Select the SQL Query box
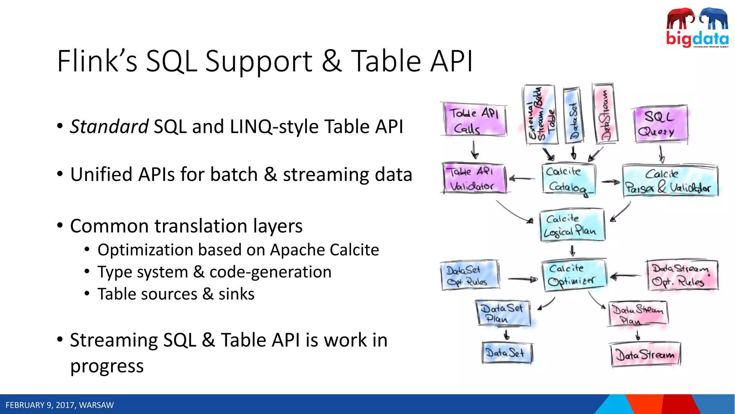[660, 124]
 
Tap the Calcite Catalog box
[568, 179]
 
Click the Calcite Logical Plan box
[572, 225]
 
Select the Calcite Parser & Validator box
[670, 181]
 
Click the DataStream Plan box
[637, 314]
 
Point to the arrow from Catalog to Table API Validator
[522, 178]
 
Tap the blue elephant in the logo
[714, 18]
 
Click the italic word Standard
[109, 127]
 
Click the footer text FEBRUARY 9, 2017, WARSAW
[60, 405]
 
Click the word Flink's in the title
[97, 61]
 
